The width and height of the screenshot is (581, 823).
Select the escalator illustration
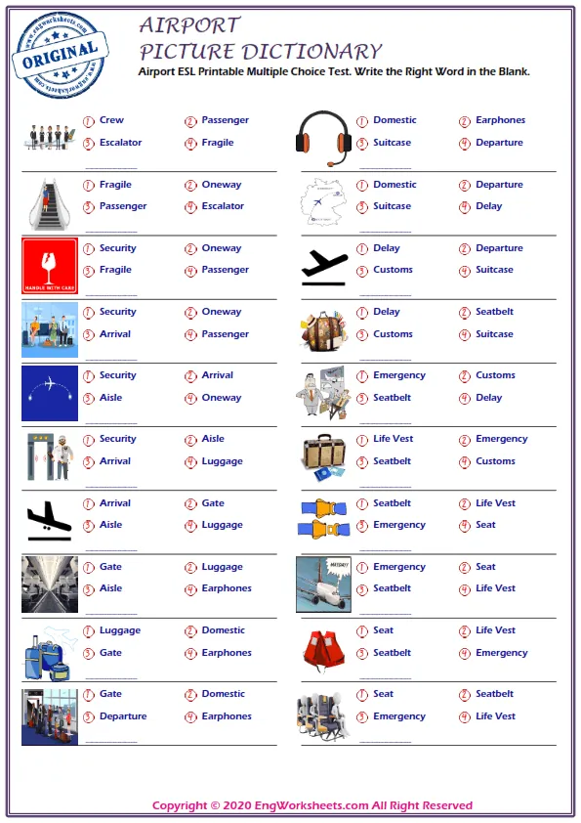(49, 202)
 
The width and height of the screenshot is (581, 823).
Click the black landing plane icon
(49, 521)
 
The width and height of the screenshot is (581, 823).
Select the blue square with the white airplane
(49, 393)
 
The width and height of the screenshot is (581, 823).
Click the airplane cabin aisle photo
(49, 585)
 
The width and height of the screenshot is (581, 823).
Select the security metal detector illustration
(49, 456)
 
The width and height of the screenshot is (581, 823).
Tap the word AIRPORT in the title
(189, 25)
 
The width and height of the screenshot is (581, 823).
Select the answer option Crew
(111, 120)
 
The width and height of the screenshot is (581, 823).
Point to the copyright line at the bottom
(312, 805)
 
